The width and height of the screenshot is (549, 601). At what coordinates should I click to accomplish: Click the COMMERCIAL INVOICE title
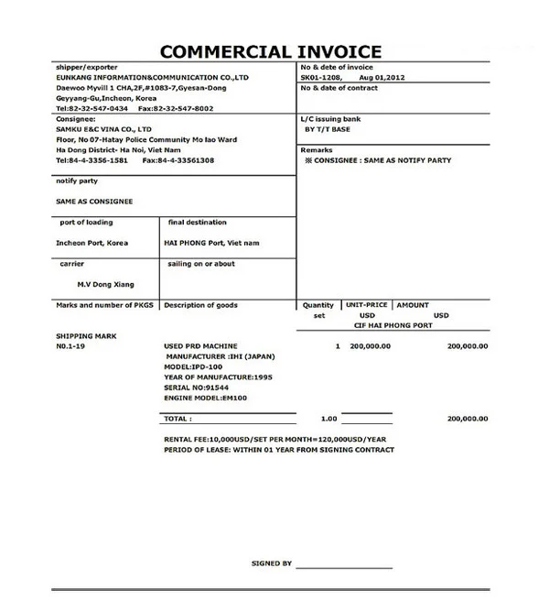271,51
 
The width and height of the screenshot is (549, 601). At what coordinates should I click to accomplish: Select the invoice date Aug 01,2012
383,78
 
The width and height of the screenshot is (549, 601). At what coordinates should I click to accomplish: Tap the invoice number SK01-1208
322,78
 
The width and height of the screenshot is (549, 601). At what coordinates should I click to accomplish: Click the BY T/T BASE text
328,129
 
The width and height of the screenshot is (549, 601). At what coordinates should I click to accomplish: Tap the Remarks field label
317,148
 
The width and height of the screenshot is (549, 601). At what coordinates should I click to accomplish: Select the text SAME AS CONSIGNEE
94,201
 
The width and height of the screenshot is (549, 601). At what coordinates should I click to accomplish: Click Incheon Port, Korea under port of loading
92,243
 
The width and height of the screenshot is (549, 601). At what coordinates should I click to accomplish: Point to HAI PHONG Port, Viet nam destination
211,243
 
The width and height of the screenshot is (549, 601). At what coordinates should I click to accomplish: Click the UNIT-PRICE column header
367,304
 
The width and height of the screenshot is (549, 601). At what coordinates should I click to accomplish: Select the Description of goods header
200,305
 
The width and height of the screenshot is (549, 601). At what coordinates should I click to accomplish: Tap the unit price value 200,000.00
370,346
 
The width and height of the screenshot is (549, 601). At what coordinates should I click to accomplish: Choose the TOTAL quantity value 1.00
328,418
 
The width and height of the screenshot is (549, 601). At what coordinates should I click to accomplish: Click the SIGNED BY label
272,563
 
